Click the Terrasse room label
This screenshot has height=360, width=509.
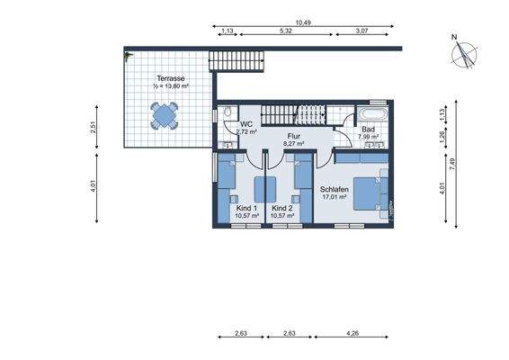[170, 78]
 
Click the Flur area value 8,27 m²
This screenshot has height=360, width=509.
[294, 143]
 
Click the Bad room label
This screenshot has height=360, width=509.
[368, 130]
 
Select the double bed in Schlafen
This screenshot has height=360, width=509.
[370, 193]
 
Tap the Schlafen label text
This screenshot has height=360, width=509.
[334, 189]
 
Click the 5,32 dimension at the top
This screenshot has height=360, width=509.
[286, 31]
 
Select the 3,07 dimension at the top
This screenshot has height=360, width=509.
[362, 31]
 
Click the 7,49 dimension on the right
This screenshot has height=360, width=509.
[453, 162]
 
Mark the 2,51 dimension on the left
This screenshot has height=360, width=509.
[92, 128]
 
